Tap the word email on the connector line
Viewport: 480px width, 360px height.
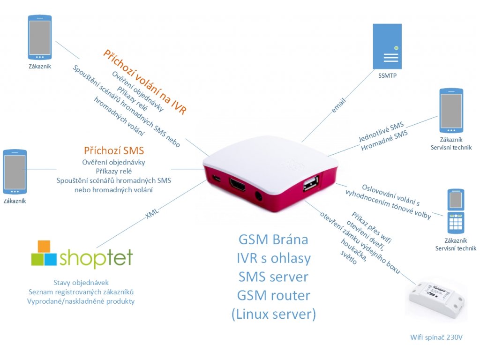click(x=338, y=105)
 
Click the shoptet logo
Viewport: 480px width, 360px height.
click(x=82, y=255)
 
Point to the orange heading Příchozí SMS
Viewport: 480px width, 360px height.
click(x=114, y=150)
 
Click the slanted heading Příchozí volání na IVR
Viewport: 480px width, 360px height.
click(x=145, y=82)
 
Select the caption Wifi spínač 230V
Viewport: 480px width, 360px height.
click(x=436, y=337)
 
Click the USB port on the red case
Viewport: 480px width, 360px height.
click(x=310, y=184)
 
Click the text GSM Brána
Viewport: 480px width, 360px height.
click(x=273, y=240)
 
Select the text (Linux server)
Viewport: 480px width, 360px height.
click(x=274, y=314)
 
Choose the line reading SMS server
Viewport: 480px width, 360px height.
click(x=273, y=277)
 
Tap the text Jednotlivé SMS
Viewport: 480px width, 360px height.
click(x=381, y=132)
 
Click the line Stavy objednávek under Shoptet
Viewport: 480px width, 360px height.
click(x=81, y=283)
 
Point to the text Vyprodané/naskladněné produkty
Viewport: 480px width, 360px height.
click(x=81, y=301)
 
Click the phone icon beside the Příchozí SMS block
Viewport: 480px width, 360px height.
click(x=15, y=172)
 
